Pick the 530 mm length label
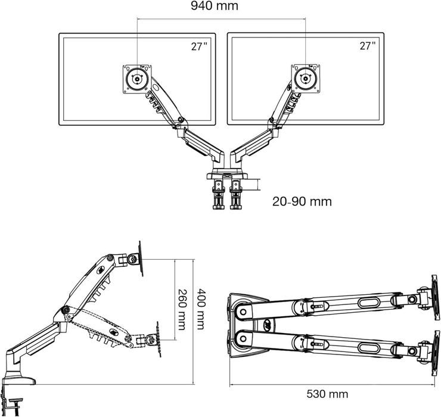tap(328, 394)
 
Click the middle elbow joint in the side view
tap(64, 311)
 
